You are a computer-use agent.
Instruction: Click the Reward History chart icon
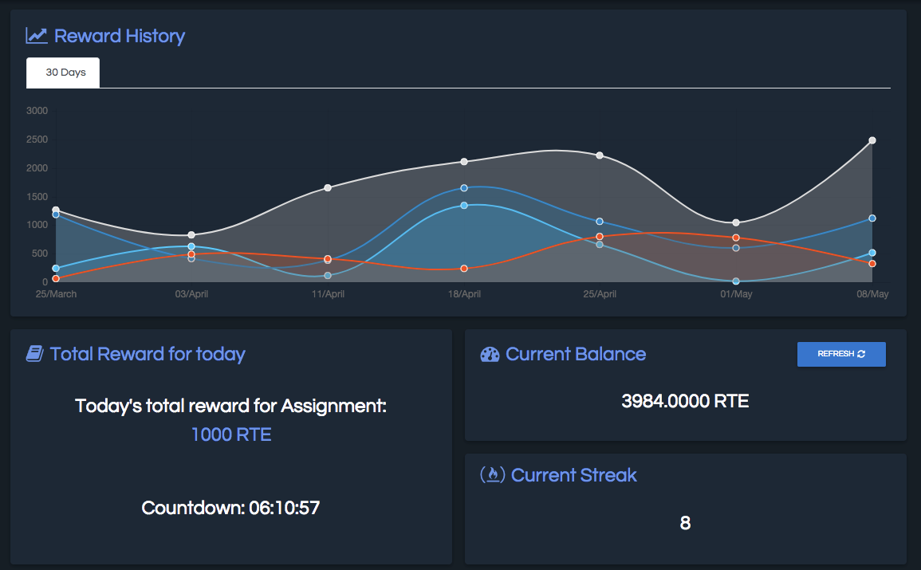37,36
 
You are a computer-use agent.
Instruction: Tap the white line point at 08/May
872,140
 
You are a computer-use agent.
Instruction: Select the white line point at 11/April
328,187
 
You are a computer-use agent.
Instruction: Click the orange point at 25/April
600,237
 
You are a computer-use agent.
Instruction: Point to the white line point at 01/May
736,222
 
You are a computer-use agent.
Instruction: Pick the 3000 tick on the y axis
37,111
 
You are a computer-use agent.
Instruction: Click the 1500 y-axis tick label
37,197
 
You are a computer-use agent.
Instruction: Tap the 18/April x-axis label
464,294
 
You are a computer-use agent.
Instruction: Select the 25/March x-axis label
56,294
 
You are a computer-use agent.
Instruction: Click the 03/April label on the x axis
192,294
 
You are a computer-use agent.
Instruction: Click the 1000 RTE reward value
231,435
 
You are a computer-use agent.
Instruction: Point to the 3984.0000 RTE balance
685,401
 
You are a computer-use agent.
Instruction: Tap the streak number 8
685,524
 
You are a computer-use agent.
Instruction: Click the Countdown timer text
230,508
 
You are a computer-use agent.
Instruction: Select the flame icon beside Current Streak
492,475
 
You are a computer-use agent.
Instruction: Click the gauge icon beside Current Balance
490,355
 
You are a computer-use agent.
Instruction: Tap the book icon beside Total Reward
34,354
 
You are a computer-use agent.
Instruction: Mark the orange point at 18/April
464,269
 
